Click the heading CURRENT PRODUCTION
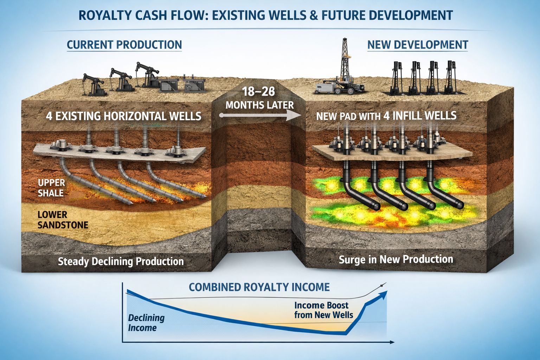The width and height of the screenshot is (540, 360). click(124, 45)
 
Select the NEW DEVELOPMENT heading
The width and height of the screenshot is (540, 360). click(418, 45)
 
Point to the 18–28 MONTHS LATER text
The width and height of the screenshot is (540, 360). click(259, 98)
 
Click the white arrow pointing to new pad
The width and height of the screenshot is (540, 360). click(260, 115)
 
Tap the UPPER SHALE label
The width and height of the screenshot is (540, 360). click(51, 188)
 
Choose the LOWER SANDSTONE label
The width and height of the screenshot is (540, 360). click(63, 220)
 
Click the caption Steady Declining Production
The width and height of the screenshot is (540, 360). click(121, 262)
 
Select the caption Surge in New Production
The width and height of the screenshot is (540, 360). click(396, 259)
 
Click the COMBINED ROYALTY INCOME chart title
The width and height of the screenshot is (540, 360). click(259, 287)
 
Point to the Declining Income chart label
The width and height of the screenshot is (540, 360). click(146, 323)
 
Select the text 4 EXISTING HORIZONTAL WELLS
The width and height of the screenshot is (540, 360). click(124, 116)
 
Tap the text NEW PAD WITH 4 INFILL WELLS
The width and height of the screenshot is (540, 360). click(386, 116)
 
